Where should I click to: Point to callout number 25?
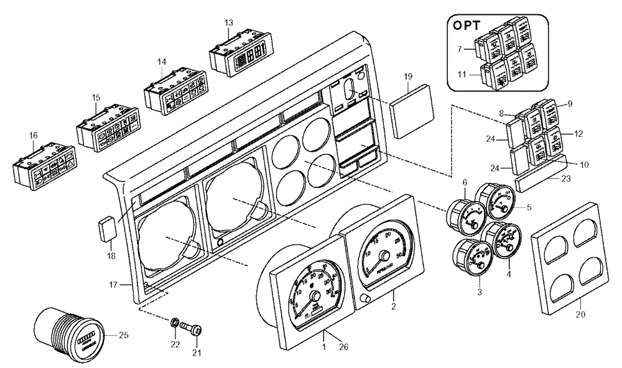tap(124, 336)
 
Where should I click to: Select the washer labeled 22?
tap(176, 323)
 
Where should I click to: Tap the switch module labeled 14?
tap(172, 91)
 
